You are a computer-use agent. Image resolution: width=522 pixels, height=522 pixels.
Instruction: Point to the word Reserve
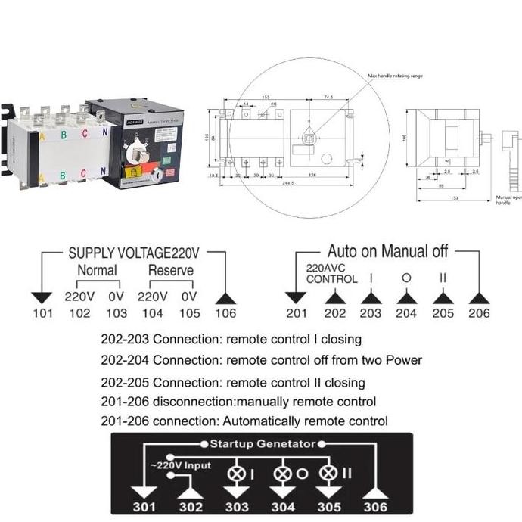point(170,270)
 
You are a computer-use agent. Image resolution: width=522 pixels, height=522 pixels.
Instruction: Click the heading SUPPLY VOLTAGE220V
point(133,253)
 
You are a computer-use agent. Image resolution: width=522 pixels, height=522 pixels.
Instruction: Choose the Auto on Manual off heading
point(387,251)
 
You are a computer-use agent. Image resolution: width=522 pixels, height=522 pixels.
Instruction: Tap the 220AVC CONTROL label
point(331,273)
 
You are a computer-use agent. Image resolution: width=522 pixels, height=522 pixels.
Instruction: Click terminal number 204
point(406,313)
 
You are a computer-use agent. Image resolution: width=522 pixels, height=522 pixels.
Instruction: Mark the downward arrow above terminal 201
point(295,297)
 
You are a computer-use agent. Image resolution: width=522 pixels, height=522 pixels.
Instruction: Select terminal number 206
point(479,313)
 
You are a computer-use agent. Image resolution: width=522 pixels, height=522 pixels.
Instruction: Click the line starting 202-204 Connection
point(261,360)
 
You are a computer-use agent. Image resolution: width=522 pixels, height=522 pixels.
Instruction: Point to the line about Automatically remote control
point(244,421)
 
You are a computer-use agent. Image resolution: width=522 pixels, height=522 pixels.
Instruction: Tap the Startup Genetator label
point(262,444)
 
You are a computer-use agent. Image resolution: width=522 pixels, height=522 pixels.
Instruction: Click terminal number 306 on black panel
point(375,506)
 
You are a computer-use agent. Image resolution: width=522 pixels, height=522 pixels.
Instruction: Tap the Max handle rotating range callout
point(399,76)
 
